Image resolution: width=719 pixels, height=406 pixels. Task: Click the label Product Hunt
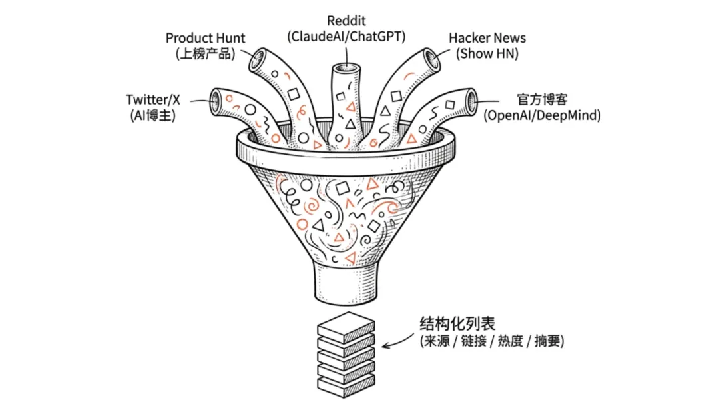tap(205, 38)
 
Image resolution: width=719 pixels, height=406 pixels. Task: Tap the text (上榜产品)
tap(206, 54)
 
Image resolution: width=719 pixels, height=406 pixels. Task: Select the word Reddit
tap(346, 21)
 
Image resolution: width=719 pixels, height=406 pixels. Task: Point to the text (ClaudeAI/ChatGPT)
tap(346, 37)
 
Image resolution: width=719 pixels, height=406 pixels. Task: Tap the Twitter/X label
tap(153, 99)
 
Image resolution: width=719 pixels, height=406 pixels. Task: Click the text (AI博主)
tap(153, 115)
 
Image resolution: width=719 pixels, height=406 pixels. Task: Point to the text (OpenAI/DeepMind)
tap(542, 115)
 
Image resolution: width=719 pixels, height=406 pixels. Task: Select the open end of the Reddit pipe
tap(346, 68)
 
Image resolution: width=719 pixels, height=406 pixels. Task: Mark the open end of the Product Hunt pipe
tap(256, 61)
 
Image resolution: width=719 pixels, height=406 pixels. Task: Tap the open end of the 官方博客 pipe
tap(473, 101)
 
